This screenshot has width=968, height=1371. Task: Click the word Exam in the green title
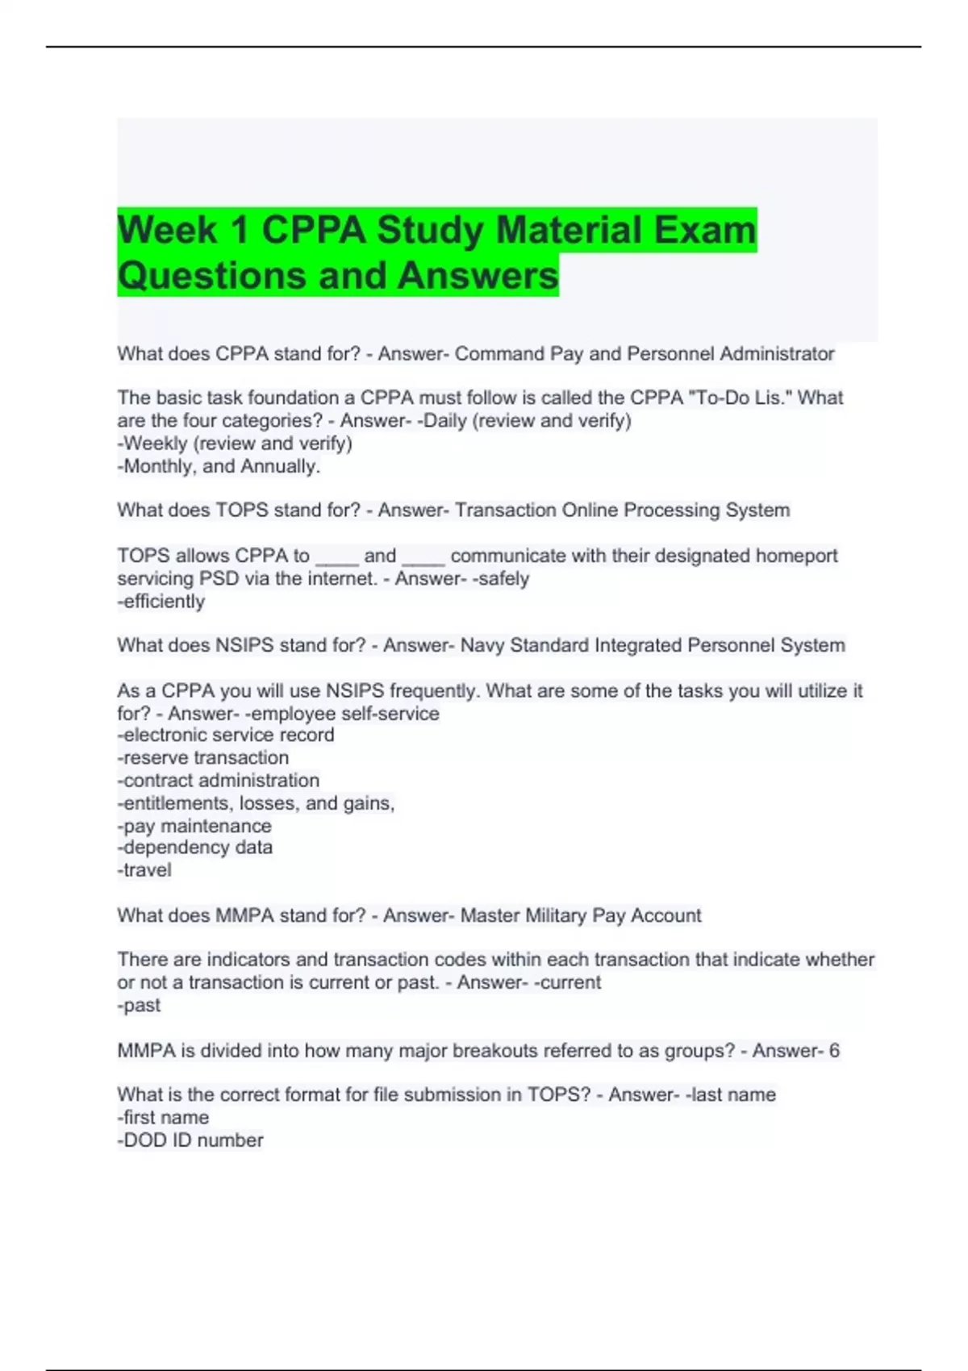(x=704, y=230)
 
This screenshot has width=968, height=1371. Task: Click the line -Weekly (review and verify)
(x=235, y=444)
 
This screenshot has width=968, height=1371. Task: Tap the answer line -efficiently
(x=161, y=602)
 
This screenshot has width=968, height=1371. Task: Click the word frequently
(x=435, y=691)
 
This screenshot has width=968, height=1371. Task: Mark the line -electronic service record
(x=226, y=736)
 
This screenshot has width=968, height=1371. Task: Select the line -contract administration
(x=219, y=781)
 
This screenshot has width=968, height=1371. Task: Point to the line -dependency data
(x=195, y=848)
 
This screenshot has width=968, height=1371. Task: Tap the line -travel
(x=144, y=870)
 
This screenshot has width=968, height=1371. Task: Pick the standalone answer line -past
(x=139, y=1006)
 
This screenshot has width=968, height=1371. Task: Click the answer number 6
(x=834, y=1051)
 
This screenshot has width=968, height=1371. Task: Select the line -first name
(x=163, y=1118)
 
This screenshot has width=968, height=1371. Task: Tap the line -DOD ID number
(x=190, y=1140)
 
